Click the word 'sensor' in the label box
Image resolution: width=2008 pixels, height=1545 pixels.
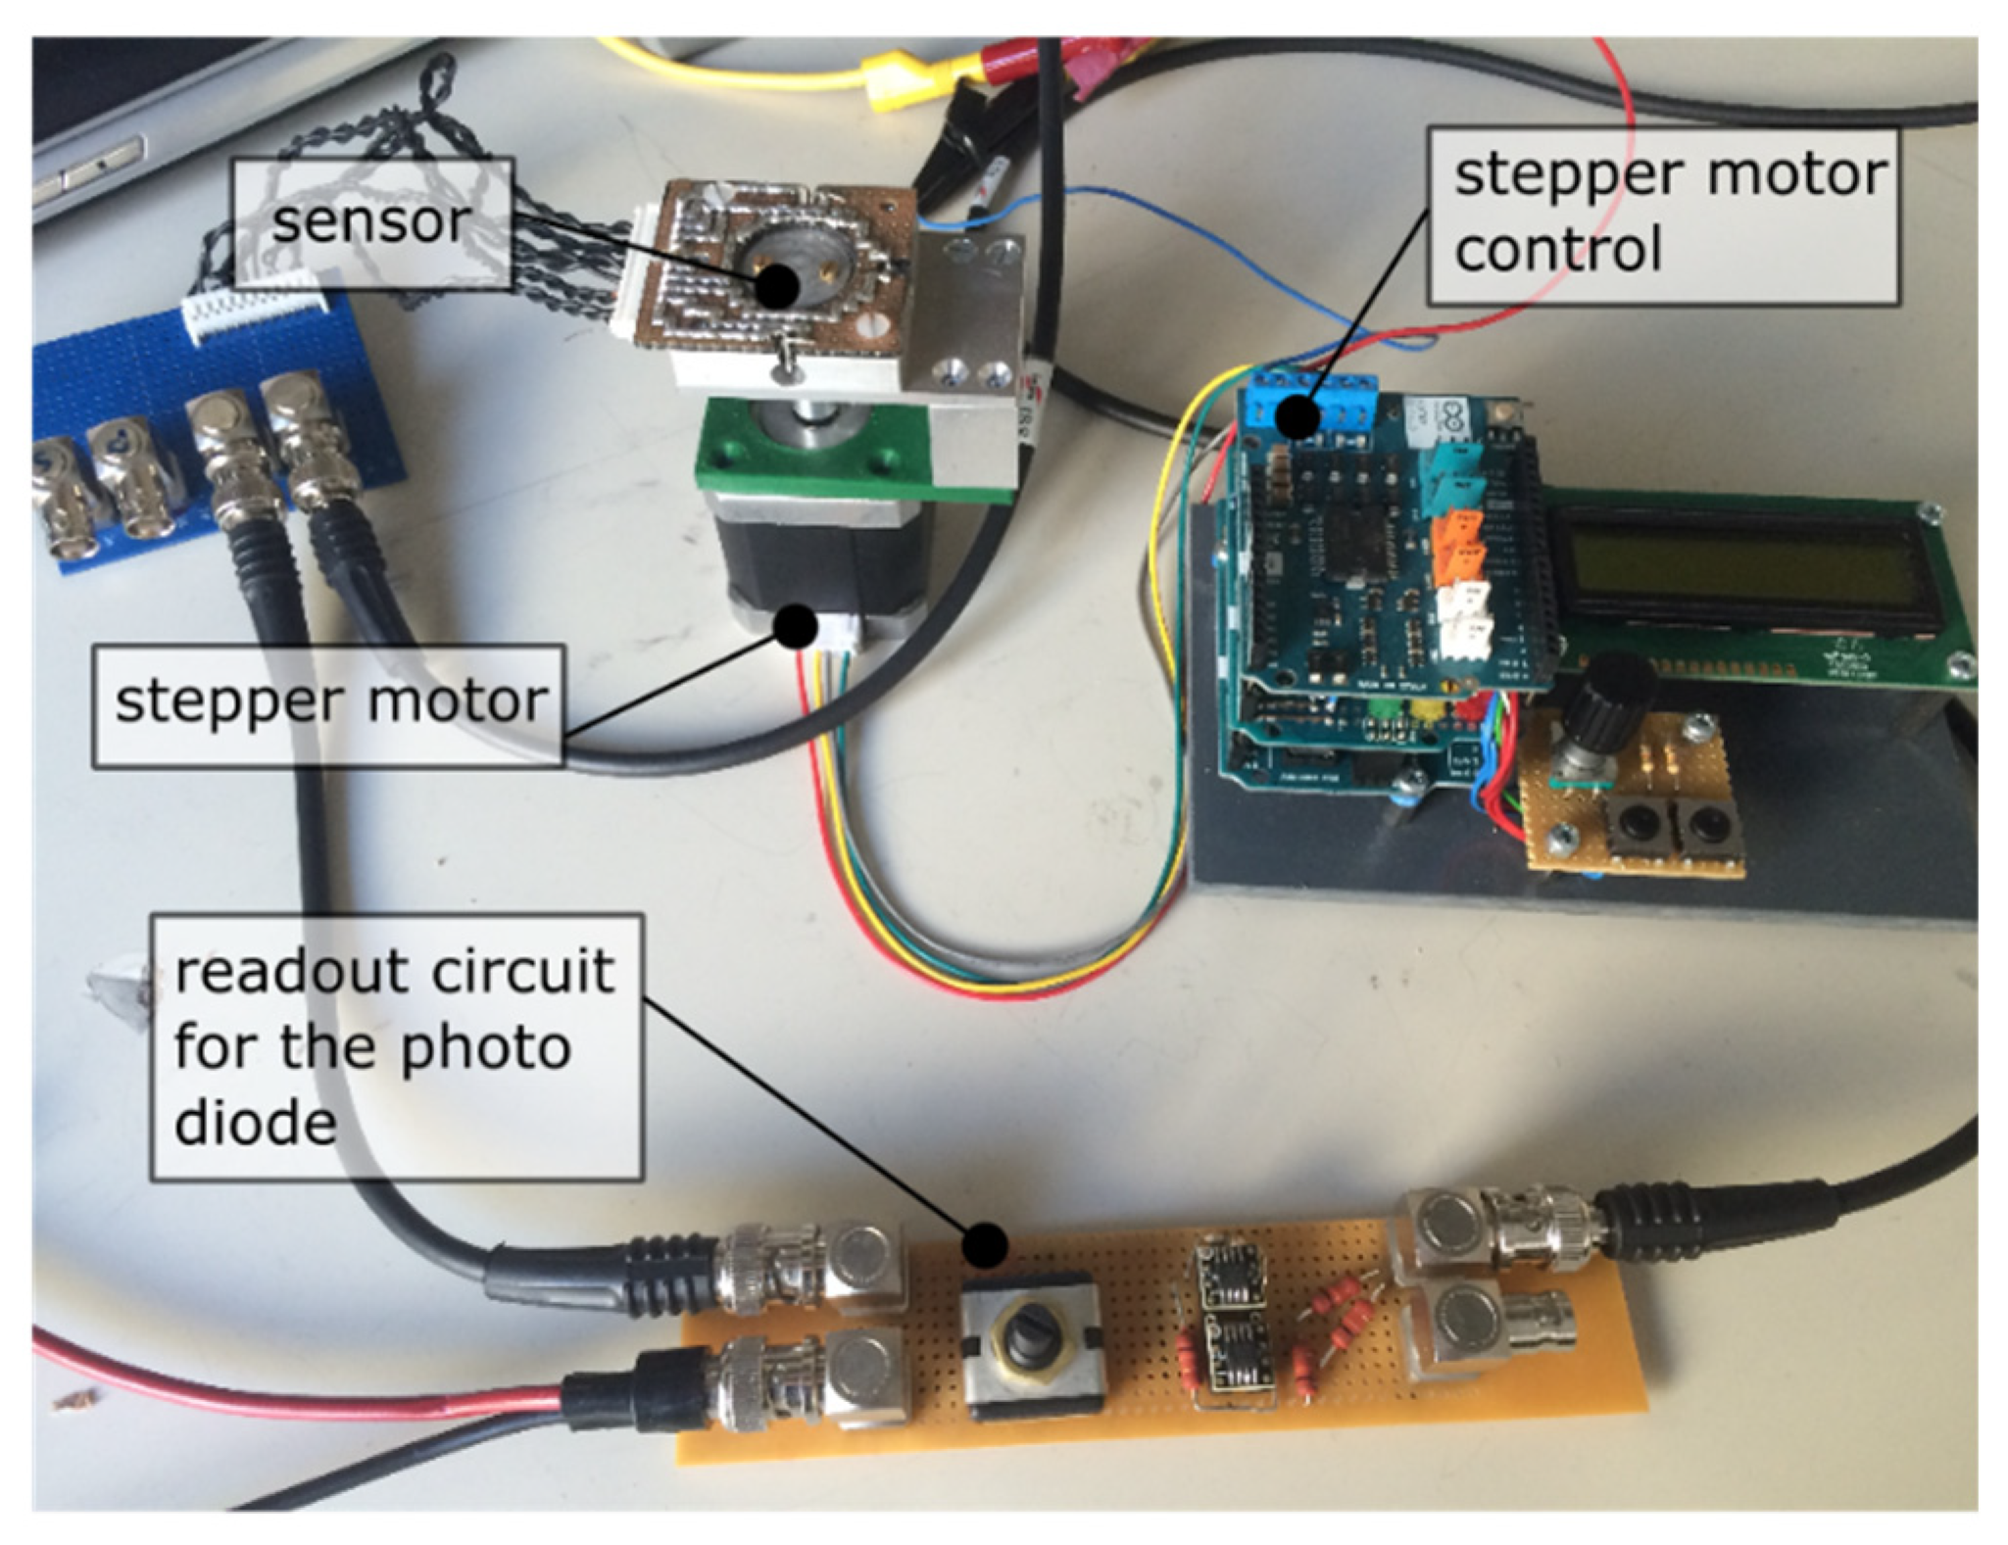370,222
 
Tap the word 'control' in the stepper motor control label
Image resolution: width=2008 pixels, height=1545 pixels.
1557,249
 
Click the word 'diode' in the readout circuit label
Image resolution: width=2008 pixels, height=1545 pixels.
255,1123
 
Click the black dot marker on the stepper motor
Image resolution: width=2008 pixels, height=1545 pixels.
796,626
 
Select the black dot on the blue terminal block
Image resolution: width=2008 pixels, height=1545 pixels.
1299,415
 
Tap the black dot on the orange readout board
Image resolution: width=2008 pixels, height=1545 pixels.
984,1246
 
